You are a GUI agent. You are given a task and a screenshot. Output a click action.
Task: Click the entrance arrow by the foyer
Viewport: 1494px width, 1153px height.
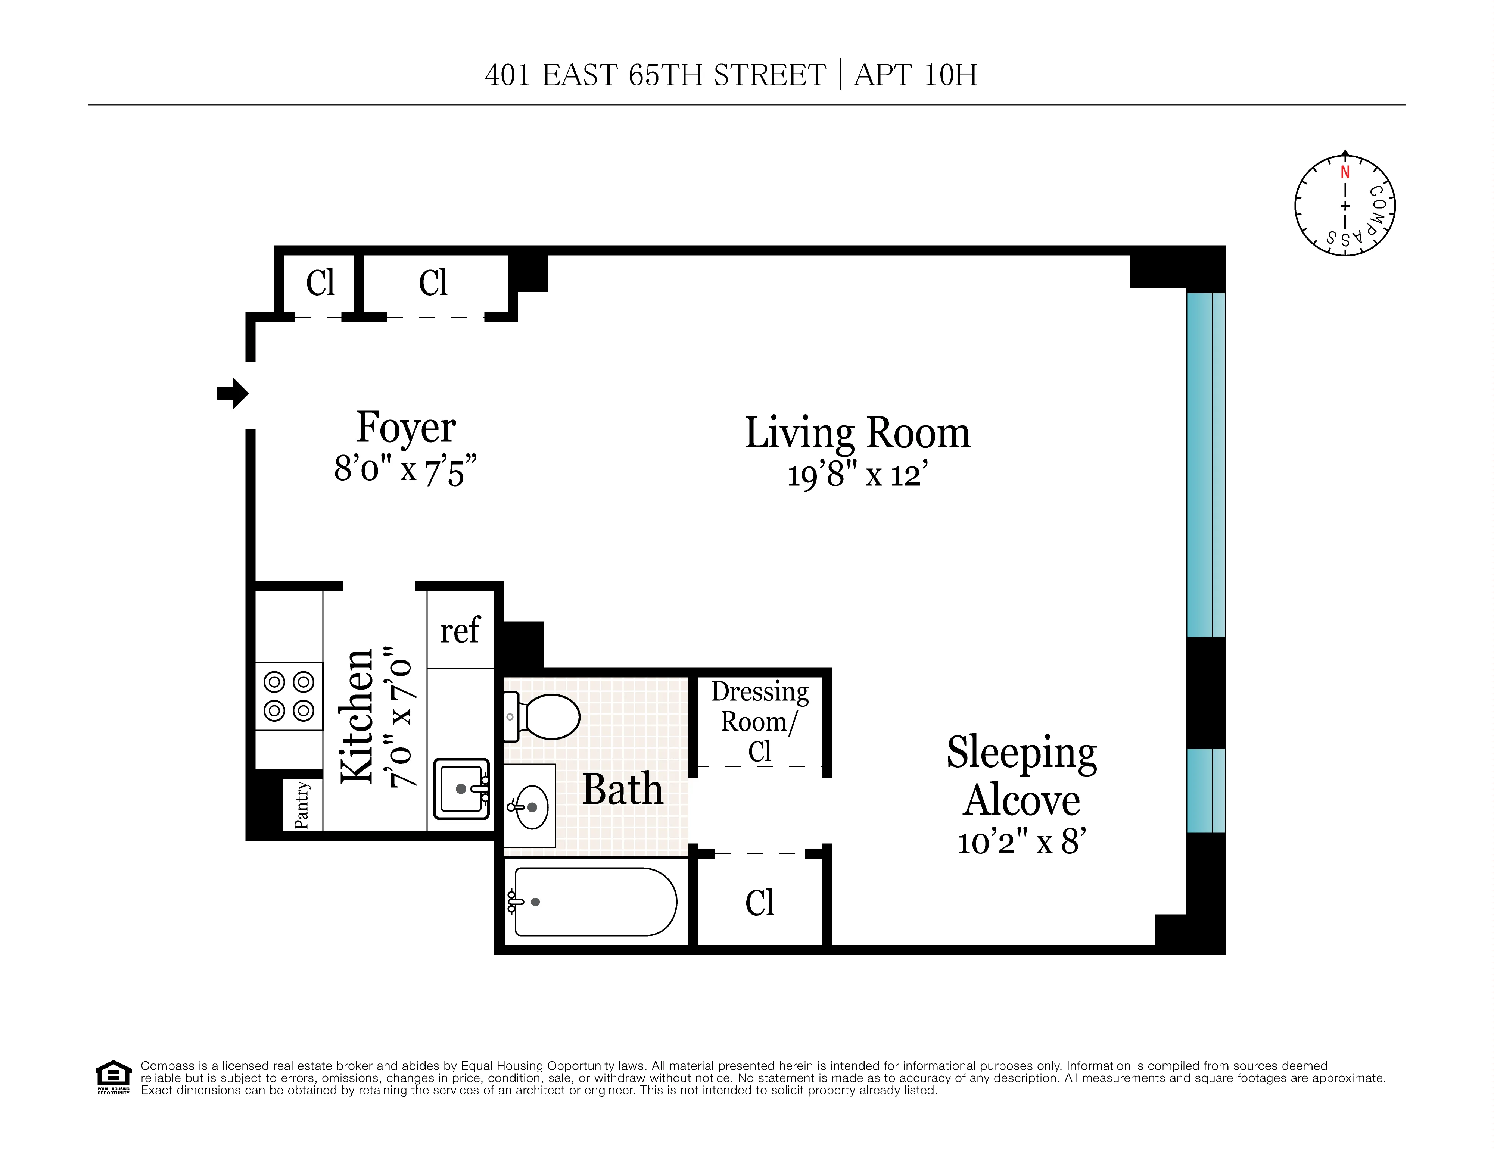(233, 393)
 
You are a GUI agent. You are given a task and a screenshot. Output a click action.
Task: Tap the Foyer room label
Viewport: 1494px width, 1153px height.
(406, 428)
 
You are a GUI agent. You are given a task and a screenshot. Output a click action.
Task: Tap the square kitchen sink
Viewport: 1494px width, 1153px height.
(462, 788)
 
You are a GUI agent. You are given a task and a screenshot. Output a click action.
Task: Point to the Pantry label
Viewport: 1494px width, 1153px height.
(302, 805)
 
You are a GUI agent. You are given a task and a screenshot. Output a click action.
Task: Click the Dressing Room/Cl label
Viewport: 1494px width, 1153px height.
(759, 722)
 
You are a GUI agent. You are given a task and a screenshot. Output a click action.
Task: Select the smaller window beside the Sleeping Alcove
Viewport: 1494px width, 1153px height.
(1205, 791)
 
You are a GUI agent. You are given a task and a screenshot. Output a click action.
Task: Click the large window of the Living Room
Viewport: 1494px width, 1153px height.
(1205, 465)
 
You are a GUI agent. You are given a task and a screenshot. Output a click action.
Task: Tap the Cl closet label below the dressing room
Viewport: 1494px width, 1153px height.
(759, 903)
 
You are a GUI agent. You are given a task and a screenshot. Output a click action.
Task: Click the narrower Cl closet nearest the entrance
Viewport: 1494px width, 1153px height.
(320, 282)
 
